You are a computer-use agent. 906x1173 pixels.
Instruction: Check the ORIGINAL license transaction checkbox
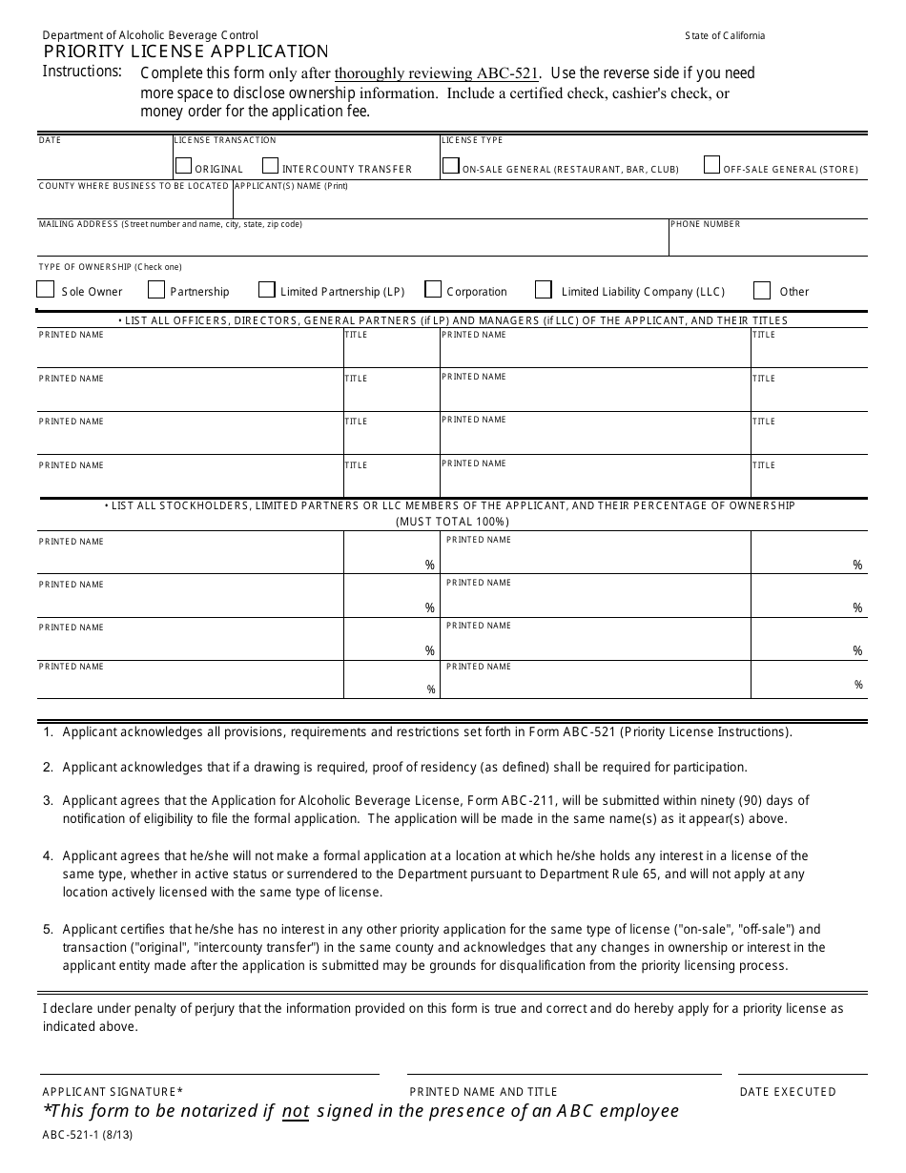[x=183, y=166]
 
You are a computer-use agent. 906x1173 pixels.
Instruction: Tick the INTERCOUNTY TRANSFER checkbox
[x=270, y=166]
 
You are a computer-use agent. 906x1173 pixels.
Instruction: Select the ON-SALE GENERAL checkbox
[x=450, y=165]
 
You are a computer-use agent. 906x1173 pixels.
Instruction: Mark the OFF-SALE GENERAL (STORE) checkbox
[x=711, y=165]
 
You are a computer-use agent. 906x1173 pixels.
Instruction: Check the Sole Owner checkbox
[x=45, y=290]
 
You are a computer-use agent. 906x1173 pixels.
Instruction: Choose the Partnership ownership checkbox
[x=156, y=290]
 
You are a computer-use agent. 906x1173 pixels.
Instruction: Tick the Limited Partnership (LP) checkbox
[x=266, y=290]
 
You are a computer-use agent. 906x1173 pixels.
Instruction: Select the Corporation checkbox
[x=433, y=289]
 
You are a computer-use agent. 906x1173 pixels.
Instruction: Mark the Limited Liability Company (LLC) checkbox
[x=544, y=289]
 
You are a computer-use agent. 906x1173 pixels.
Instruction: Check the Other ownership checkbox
[x=762, y=290]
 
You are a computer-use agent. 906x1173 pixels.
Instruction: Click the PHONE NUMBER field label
[x=705, y=224]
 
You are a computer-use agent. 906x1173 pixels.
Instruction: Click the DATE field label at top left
[x=50, y=140]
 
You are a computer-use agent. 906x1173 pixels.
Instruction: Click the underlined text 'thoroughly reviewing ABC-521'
[x=437, y=73]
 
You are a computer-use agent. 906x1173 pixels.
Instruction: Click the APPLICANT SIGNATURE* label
[x=113, y=1092]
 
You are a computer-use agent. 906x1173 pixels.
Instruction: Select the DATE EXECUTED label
[x=788, y=1092]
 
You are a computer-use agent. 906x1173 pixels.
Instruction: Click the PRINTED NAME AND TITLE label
[x=484, y=1092]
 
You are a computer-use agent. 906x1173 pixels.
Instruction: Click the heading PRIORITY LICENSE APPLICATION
[x=186, y=51]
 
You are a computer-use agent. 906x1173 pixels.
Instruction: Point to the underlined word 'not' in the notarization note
[x=296, y=1111]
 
